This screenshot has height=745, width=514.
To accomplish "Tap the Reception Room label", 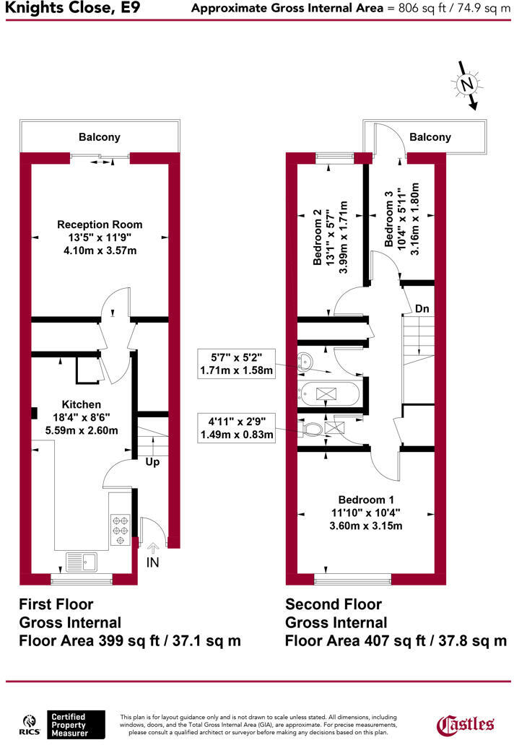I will coord(100,225).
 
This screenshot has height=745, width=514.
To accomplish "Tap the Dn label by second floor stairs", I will coord(422,309).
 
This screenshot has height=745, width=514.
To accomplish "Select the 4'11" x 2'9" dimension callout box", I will coord(236,427).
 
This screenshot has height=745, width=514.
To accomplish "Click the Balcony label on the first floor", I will coord(100,137).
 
